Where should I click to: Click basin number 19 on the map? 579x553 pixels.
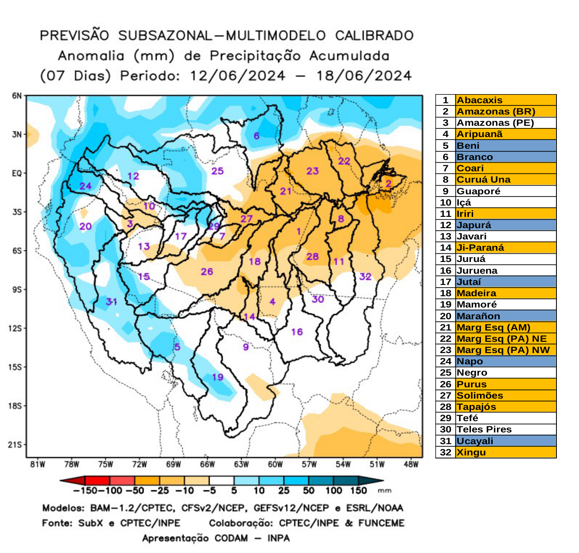[x=217, y=377]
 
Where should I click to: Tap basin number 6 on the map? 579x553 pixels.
[x=257, y=136]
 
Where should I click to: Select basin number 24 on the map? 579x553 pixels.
[x=86, y=186]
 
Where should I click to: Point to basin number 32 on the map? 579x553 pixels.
[x=365, y=276]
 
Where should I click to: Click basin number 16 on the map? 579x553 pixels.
[x=297, y=332]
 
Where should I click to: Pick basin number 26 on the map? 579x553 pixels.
[x=207, y=272]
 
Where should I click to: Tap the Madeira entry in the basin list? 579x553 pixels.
[x=476, y=293]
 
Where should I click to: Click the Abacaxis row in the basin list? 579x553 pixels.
[x=480, y=100]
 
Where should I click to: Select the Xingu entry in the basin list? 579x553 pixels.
[x=471, y=452]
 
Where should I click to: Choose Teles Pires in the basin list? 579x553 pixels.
[x=484, y=429]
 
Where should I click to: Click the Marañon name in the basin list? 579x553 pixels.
[x=478, y=316]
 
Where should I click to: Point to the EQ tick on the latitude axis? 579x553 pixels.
[x=16, y=173]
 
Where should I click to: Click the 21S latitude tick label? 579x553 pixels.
[x=15, y=445]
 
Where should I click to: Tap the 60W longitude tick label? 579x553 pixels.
[x=275, y=465]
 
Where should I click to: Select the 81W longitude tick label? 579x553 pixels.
[x=38, y=465]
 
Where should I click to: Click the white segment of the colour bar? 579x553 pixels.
[x=221, y=481]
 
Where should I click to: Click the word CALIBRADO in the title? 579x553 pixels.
[x=374, y=36]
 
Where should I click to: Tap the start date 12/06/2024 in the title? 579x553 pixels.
[x=237, y=76]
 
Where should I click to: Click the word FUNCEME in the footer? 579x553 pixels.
[x=381, y=523]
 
